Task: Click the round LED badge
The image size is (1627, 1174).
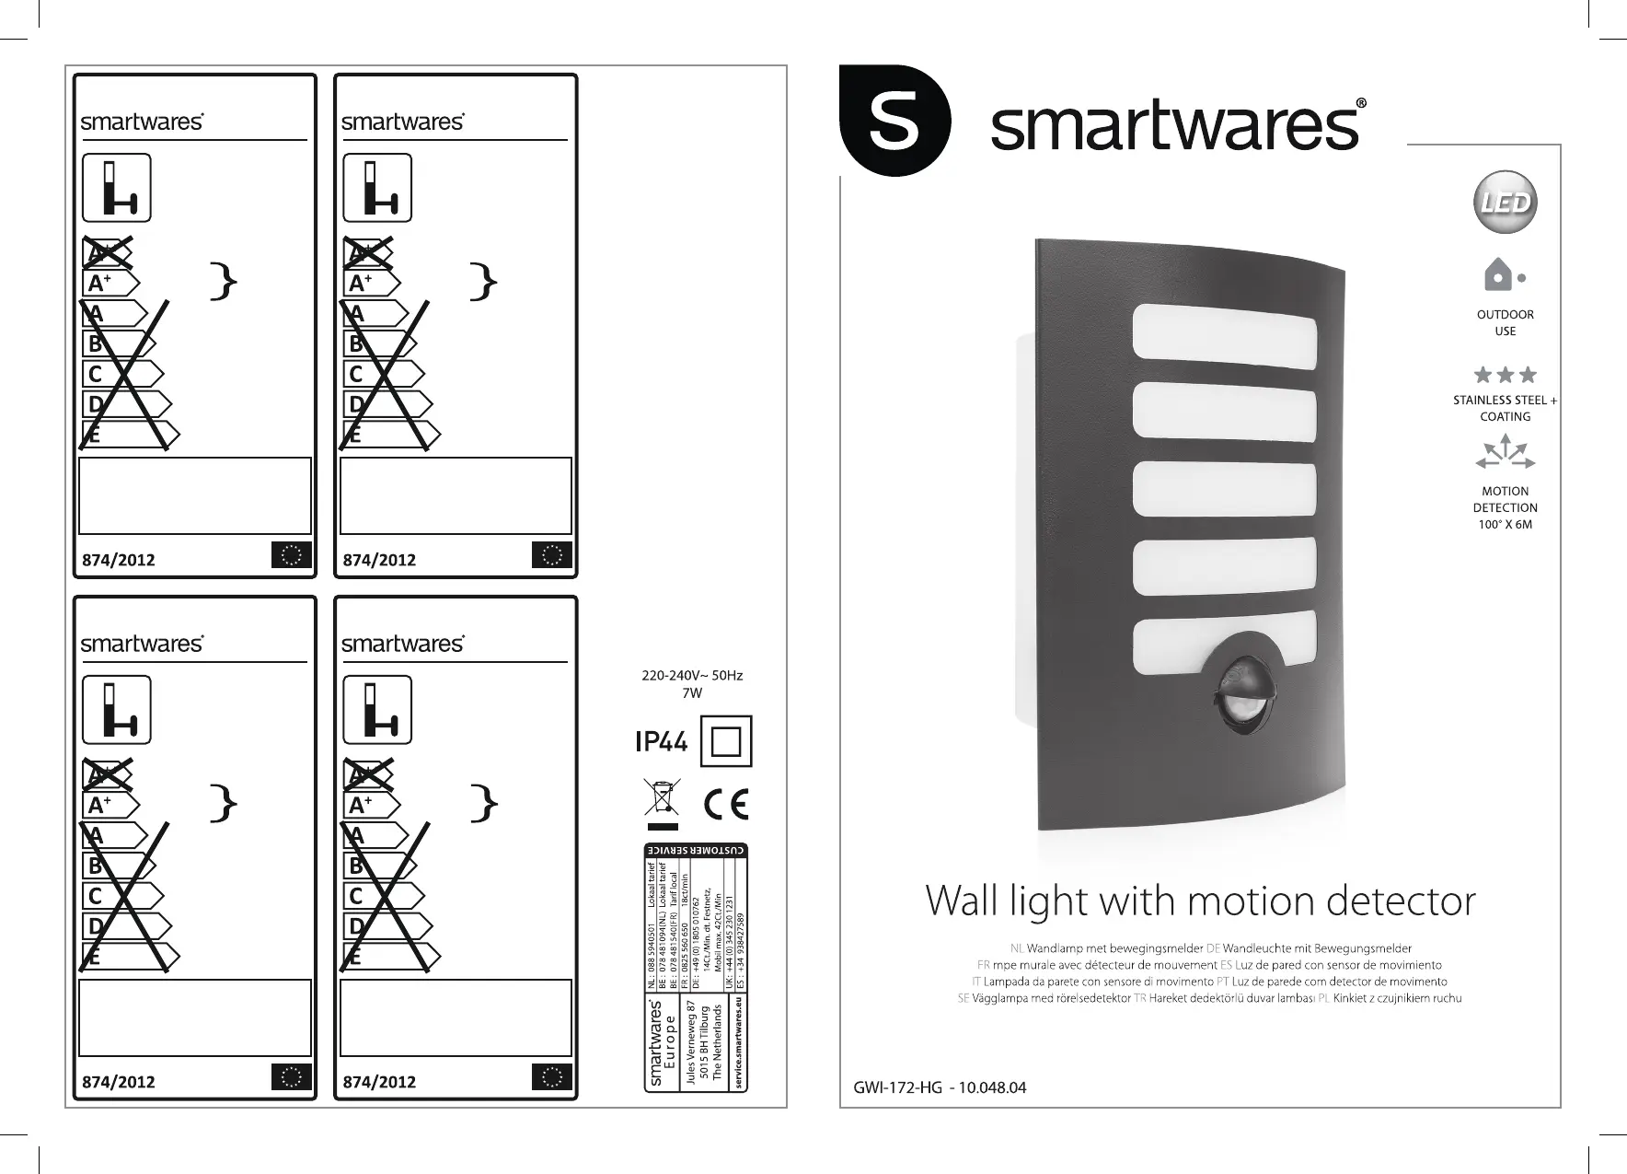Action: click(1506, 203)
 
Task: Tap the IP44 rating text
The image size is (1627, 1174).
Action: click(661, 741)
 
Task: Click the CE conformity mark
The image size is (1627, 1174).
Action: click(726, 804)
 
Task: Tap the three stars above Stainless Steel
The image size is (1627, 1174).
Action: click(1505, 375)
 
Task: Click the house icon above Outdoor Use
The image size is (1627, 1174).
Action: click(1499, 274)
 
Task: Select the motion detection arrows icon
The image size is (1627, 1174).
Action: click(1506, 453)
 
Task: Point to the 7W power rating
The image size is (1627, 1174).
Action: click(692, 692)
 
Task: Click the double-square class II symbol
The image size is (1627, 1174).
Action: click(726, 740)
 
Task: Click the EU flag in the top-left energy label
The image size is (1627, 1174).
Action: click(292, 555)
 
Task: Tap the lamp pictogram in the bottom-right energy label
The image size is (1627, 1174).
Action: click(377, 710)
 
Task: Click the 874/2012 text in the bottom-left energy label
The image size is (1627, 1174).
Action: click(119, 1082)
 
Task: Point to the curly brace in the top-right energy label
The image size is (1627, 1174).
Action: click(483, 282)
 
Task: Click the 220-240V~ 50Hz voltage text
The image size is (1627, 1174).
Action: click(692, 676)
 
